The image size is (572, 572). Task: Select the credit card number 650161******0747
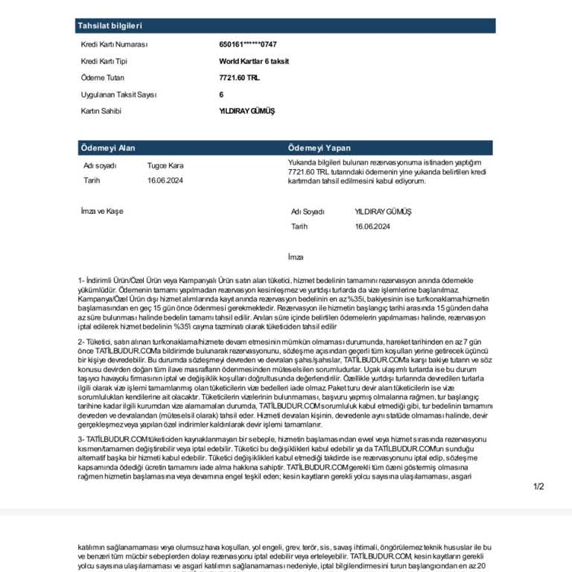(247, 45)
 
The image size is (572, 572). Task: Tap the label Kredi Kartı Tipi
(104, 61)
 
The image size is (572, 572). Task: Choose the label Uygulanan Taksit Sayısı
(118, 95)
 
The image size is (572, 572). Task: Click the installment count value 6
(221, 95)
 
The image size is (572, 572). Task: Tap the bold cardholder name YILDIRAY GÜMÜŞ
(247, 111)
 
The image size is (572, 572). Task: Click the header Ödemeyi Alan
(107, 148)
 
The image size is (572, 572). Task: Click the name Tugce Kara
(165, 165)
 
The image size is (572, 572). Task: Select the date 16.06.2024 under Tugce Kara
(165, 180)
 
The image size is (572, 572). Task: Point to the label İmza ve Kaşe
(102, 211)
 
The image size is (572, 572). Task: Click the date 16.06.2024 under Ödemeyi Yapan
(373, 226)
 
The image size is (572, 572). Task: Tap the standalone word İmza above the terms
(296, 257)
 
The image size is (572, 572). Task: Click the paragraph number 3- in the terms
(81, 439)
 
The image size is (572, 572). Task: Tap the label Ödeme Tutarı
(103, 77)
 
